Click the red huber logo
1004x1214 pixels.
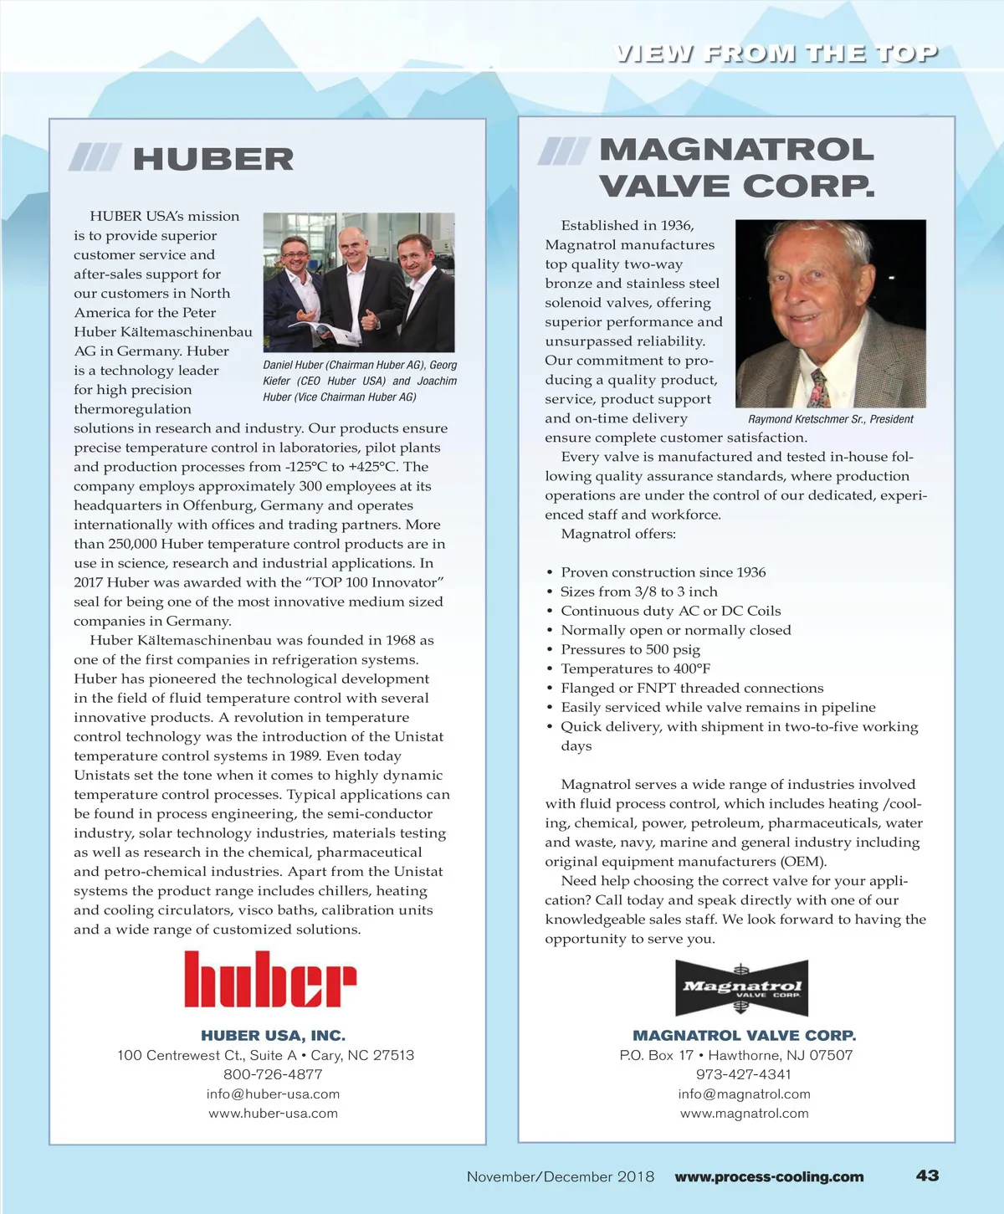pyautogui.click(x=270, y=979)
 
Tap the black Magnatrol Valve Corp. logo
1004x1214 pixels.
pyautogui.click(x=742, y=988)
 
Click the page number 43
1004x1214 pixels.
pyautogui.click(x=927, y=1176)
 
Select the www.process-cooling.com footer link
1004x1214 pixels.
pyautogui.click(x=769, y=1176)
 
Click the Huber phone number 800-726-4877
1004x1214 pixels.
pyautogui.click(x=273, y=1074)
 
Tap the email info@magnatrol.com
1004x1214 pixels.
pyautogui.click(x=744, y=1094)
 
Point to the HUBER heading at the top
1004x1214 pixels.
pyautogui.click(x=213, y=159)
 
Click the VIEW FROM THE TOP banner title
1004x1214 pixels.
pyautogui.click(x=776, y=54)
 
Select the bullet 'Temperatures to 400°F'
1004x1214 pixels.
pyautogui.click(x=635, y=668)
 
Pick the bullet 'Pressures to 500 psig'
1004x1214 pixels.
pyautogui.click(x=630, y=649)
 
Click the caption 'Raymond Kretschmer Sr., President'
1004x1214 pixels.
pyautogui.click(x=830, y=419)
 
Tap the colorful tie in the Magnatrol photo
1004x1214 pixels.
pyautogui.click(x=819, y=386)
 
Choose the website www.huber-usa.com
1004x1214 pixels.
pyautogui.click(x=273, y=1114)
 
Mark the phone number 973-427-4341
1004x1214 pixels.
pyautogui.click(x=744, y=1074)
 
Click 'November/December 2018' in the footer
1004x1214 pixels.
pyautogui.click(x=561, y=1176)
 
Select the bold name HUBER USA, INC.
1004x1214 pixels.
pyautogui.click(x=273, y=1036)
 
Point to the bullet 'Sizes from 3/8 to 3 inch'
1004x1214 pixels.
pyautogui.click(x=639, y=592)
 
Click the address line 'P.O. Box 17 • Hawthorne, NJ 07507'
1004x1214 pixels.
pyautogui.click(x=736, y=1055)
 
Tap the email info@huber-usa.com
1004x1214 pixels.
pyautogui.click(x=273, y=1094)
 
